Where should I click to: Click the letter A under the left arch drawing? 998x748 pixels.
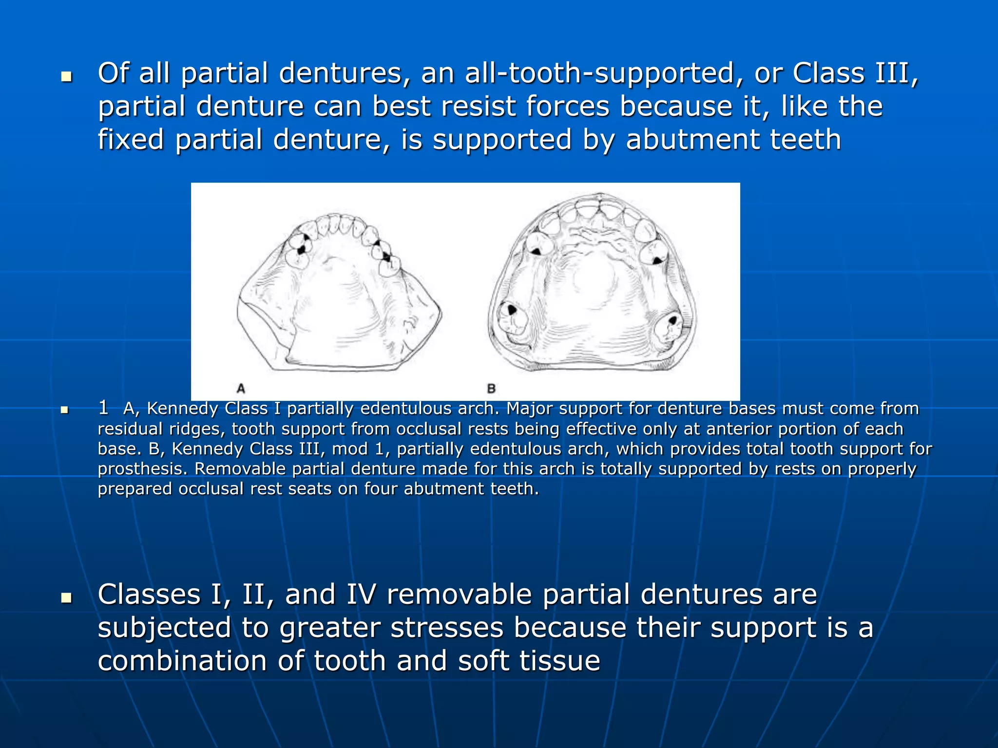pyautogui.click(x=241, y=388)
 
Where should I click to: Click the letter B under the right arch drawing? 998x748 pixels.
pyautogui.click(x=491, y=388)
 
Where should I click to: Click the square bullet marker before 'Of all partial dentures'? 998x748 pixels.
pyautogui.click(x=67, y=77)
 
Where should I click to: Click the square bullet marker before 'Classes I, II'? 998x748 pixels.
pyautogui.click(x=67, y=598)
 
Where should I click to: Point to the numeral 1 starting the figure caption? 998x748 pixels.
pyautogui.click(x=103, y=407)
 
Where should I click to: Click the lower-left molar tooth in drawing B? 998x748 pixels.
pyautogui.click(x=513, y=319)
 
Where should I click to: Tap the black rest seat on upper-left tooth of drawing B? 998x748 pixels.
pyautogui.click(x=536, y=252)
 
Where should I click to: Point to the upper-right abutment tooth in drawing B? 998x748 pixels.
pyautogui.click(x=654, y=252)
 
